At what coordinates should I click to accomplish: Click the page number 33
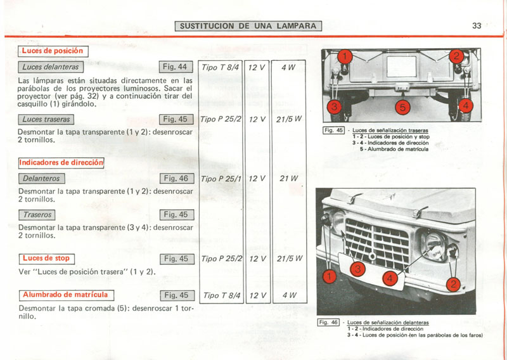pyautogui.click(x=477, y=26)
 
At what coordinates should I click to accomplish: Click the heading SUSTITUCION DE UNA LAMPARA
pyautogui.click(x=248, y=26)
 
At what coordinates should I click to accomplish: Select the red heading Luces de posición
pyautogui.click(x=53, y=51)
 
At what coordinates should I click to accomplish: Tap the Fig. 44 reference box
pyautogui.click(x=175, y=67)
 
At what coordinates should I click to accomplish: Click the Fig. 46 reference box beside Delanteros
pyautogui.click(x=176, y=179)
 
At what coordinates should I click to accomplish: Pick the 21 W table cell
pyautogui.click(x=289, y=178)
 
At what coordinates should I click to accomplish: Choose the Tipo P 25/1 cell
pyautogui.click(x=221, y=178)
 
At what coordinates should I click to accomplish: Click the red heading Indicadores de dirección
pyautogui.click(x=61, y=163)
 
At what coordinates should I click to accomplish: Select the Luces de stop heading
pyautogui.click(x=46, y=259)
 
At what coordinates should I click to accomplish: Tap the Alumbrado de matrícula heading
pyautogui.click(x=67, y=295)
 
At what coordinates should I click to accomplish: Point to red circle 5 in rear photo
pyautogui.click(x=402, y=107)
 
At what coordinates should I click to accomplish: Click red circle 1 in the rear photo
pyautogui.click(x=345, y=56)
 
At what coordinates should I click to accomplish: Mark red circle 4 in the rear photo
pyautogui.click(x=465, y=106)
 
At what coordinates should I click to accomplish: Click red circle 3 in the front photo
pyautogui.click(x=358, y=269)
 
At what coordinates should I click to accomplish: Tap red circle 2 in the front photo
pyautogui.click(x=453, y=285)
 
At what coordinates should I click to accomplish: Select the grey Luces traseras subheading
pyautogui.click(x=46, y=120)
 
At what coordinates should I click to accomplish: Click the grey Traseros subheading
pyautogui.click(x=37, y=215)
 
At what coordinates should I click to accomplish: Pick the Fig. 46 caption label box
pyautogui.click(x=328, y=323)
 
